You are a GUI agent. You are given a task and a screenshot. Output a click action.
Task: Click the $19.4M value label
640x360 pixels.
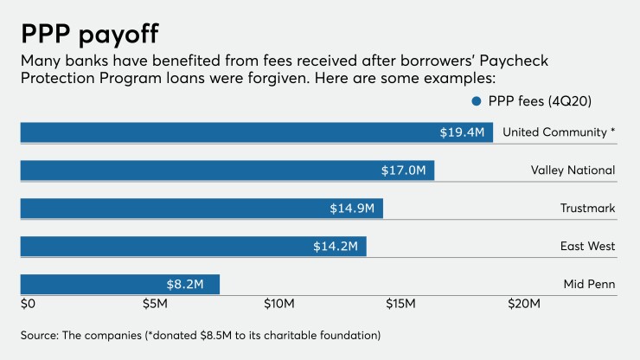coord(462,132)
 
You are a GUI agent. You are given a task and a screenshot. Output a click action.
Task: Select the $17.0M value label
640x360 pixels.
coord(404,170)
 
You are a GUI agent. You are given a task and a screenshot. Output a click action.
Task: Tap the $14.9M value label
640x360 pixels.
coord(352,209)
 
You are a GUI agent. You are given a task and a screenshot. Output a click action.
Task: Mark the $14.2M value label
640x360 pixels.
coord(336,247)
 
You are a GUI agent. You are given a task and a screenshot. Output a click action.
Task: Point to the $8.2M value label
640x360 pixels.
coord(184,285)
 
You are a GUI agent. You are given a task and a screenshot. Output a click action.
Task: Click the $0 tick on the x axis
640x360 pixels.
coord(27,305)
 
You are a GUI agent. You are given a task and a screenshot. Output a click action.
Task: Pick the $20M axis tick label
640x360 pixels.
coord(524,305)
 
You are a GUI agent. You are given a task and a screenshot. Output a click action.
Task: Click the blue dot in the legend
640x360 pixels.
coord(476,101)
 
